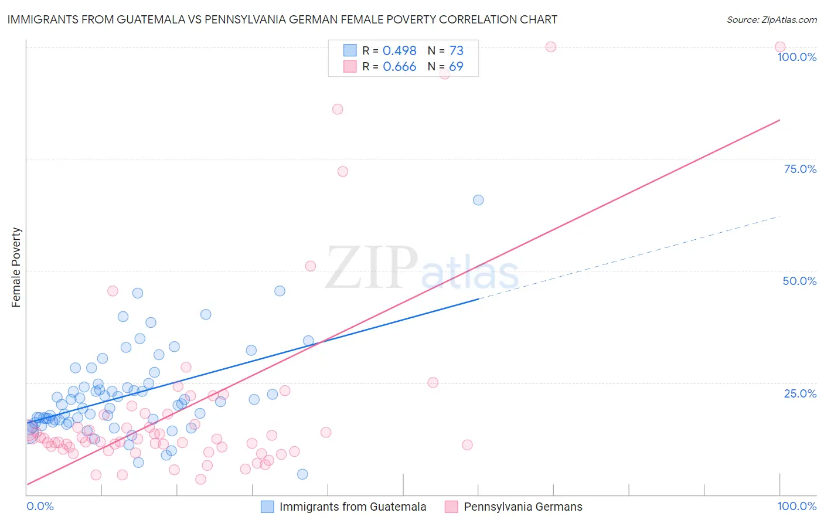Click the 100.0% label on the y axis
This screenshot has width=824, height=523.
tap(796, 57)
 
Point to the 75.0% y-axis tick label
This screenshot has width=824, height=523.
tap(800, 169)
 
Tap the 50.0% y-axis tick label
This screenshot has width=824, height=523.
tap(799, 281)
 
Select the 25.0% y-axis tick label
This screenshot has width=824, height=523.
tap(800, 393)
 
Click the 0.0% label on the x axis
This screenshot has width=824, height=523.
tap(40, 506)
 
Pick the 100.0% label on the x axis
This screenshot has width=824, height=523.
tap(796, 506)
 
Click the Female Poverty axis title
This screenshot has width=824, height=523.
tap(16, 267)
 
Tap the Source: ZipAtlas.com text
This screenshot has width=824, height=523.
tap(771, 19)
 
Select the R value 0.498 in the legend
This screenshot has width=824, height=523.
tap(399, 50)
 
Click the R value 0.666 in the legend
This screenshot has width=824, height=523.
tap(399, 66)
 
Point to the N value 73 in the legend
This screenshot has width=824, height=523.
tap(456, 50)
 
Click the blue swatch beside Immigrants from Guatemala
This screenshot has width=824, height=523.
tap(267, 507)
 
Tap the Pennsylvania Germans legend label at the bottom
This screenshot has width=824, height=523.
tap(523, 507)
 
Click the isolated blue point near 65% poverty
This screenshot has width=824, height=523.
tap(478, 200)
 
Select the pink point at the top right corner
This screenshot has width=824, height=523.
tap(779, 47)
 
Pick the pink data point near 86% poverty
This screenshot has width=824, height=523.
tap(338, 109)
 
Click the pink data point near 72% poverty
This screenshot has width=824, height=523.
tap(343, 171)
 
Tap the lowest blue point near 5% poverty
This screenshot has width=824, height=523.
tap(302, 474)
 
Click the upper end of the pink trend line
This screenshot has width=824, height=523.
tap(779, 120)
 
